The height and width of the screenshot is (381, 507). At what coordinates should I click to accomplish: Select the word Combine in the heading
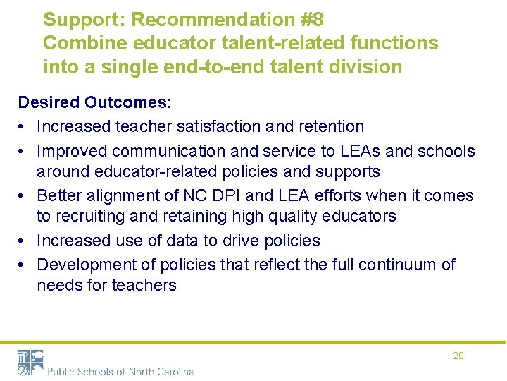[80, 43]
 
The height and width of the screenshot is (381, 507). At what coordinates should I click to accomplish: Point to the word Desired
[49, 102]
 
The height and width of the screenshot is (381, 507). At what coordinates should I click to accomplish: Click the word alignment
[123, 195]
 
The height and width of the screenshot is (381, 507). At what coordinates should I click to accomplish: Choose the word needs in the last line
[58, 285]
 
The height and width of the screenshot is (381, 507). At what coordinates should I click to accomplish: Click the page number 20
[458, 356]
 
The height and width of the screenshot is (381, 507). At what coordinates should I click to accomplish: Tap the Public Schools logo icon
[30, 363]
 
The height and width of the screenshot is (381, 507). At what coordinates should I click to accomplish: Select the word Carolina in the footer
[173, 371]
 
